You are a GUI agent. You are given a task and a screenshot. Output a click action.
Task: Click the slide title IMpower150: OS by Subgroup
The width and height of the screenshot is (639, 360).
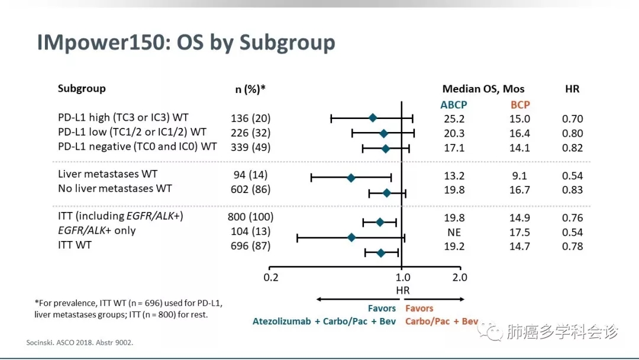[x=186, y=43]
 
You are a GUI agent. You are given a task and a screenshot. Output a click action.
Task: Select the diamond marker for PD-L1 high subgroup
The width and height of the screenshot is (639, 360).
[x=373, y=118]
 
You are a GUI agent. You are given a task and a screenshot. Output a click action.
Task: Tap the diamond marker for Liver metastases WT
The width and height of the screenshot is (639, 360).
[x=351, y=177]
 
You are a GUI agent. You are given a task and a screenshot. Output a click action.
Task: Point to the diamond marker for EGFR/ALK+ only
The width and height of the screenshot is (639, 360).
[x=351, y=237]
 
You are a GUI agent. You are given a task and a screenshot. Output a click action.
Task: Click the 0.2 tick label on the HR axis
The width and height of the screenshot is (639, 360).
[x=270, y=277]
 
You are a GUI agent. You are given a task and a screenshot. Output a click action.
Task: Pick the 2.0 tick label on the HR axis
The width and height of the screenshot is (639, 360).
[x=460, y=277]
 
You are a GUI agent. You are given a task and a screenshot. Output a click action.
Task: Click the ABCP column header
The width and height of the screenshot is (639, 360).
[x=454, y=105]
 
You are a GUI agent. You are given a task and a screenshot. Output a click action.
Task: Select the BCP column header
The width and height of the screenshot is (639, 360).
[x=520, y=105]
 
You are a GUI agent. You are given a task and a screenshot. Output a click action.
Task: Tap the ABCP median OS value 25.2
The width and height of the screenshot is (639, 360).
[x=454, y=119]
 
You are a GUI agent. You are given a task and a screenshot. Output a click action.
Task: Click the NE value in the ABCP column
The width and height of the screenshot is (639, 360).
[x=454, y=233]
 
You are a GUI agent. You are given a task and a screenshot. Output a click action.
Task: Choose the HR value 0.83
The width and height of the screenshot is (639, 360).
[x=572, y=190]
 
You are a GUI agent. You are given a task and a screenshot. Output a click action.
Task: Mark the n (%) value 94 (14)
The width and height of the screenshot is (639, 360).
[x=250, y=175]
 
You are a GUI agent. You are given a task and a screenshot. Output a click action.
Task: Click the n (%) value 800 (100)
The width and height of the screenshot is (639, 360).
[x=250, y=217]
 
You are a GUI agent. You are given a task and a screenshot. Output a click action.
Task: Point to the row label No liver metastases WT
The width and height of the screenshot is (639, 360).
[x=115, y=189]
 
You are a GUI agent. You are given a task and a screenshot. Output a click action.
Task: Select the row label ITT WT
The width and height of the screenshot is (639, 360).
[x=75, y=245]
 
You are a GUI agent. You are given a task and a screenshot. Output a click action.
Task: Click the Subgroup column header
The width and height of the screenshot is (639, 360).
[x=82, y=89]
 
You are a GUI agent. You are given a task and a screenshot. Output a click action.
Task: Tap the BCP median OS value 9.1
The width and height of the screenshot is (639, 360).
[x=520, y=176]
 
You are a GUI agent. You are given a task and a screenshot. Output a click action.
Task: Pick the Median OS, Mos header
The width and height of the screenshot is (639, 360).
[x=483, y=89]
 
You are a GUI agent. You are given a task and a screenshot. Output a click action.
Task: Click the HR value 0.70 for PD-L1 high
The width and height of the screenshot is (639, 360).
[x=572, y=119]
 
